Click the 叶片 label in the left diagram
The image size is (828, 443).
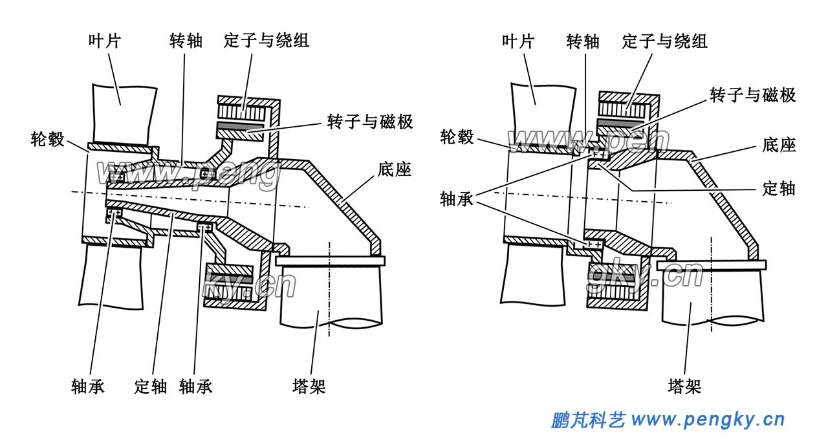[x=105, y=42]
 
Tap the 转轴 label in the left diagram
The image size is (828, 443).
[x=186, y=42]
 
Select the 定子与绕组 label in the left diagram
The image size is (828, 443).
[x=267, y=41]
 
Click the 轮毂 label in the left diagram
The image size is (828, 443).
[x=49, y=138]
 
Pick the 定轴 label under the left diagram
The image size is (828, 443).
[x=151, y=387]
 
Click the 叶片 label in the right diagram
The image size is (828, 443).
[x=518, y=42]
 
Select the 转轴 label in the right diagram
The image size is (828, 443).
[x=583, y=42]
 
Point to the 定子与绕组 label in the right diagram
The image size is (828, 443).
[x=665, y=42]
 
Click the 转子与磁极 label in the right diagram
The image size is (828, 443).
[x=753, y=96]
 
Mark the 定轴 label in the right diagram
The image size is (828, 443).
[x=778, y=189]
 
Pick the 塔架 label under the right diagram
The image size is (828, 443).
[x=684, y=387]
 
